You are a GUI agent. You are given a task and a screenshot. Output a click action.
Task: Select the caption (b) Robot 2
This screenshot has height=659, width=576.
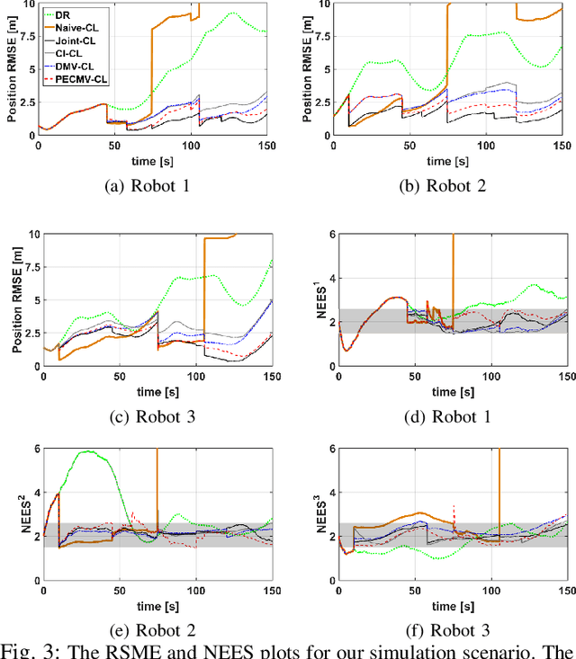[x=435, y=187]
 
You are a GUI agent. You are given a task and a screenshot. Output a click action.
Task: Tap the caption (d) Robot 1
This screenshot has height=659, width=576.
[x=435, y=415]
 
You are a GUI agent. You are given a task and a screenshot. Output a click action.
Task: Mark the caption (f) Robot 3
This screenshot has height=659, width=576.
[x=435, y=628]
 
